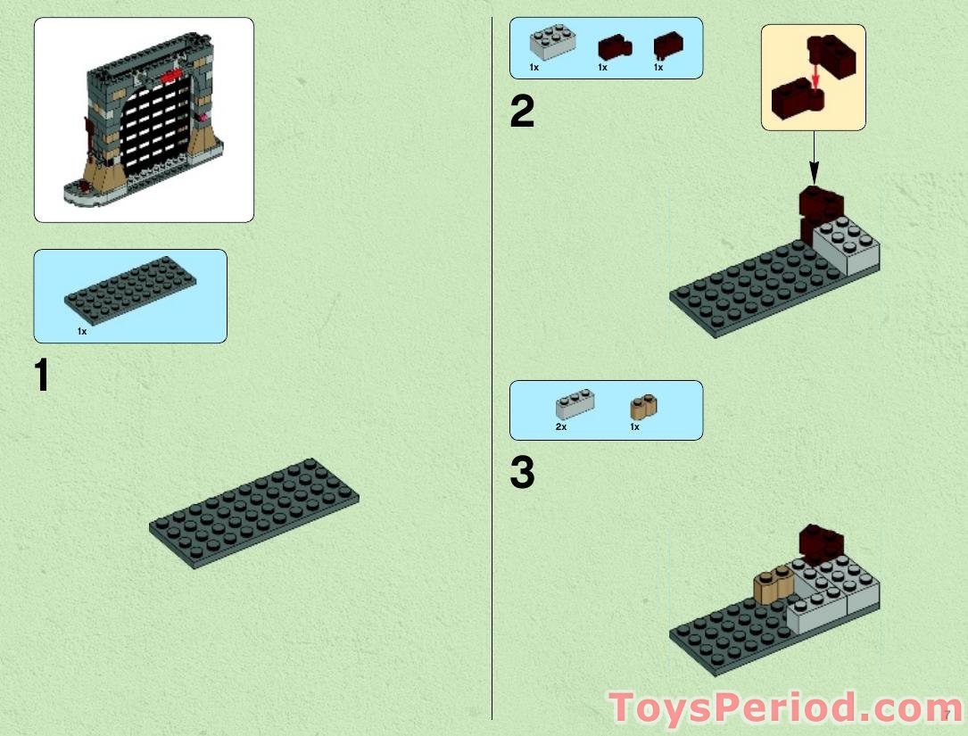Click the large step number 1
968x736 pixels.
pos(41,376)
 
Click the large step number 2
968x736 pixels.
pos(522,112)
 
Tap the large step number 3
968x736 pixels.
pos(522,474)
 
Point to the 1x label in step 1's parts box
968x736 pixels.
pos(82,331)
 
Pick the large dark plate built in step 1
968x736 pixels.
pos(254,512)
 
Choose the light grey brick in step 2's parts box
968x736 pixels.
pos(550,43)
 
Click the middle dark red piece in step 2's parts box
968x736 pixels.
pos(614,46)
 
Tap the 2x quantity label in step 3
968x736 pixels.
pos(561,427)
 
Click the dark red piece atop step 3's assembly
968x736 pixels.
pos(822,541)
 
